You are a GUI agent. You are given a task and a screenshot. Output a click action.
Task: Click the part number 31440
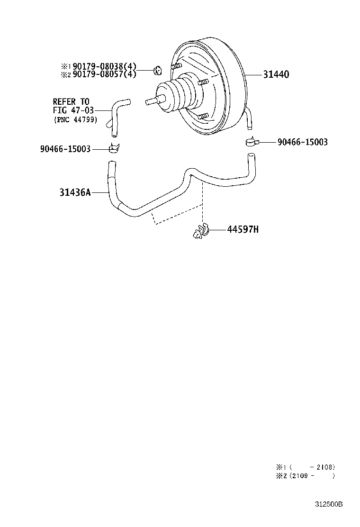click(x=276, y=74)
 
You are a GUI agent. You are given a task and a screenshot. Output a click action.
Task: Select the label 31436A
click(x=75, y=192)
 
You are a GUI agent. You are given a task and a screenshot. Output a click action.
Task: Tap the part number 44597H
click(x=243, y=229)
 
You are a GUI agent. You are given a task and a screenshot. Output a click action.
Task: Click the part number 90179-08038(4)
click(x=104, y=66)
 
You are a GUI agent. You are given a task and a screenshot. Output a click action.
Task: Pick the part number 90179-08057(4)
click(x=104, y=74)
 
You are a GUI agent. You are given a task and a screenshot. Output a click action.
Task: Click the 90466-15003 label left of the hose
click(x=65, y=148)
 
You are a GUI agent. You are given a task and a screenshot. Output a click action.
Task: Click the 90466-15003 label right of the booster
click(x=303, y=142)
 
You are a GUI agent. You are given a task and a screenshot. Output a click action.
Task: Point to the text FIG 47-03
click(x=73, y=110)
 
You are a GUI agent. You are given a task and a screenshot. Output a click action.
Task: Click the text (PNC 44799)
click(x=76, y=119)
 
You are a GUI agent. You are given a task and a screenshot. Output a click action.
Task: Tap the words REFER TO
click(x=71, y=101)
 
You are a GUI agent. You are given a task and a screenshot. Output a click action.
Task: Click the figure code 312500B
click(x=329, y=504)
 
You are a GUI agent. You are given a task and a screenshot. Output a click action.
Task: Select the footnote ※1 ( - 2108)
click(x=306, y=467)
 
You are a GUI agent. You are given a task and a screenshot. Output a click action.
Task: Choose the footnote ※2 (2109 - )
click(x=306, y=475)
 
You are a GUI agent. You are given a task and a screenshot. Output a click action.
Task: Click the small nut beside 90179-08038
click(x=157, y=70)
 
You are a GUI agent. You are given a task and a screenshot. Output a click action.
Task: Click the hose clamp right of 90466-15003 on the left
click(x=115, y=148)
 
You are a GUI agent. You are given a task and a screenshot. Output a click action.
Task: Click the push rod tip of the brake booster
click(x=148, y=101)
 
